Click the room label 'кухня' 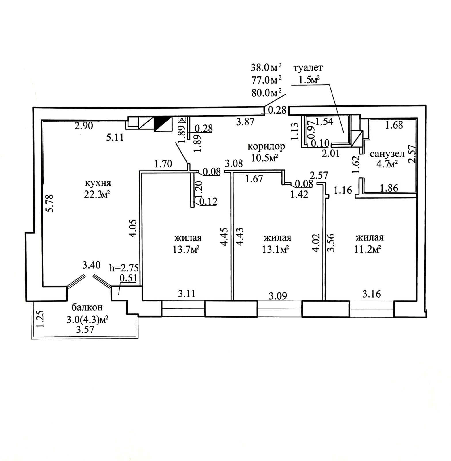[98, 183]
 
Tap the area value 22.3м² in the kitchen [97, 195]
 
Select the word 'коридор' [266, 146]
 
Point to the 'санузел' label [387, 154]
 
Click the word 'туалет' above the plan [308, 68]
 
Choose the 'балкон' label [87, 307]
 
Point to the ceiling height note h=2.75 [124, 268]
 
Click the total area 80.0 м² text [267, 93]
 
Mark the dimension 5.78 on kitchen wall [50, 203]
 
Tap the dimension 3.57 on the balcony [85, 329]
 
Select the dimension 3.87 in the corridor [245, 122]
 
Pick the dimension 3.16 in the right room [372, 294]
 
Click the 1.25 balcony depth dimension [40, 319]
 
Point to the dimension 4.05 [133, 228]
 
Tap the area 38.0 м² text [267, 68]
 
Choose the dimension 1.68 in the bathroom [394, 125]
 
